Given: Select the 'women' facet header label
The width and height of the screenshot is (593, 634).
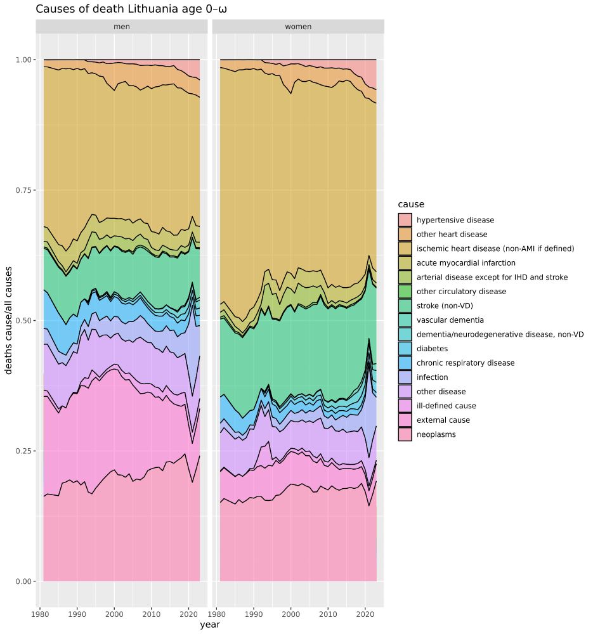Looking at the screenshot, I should pos(298,27).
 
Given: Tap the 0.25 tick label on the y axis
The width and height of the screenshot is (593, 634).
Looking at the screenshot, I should pos(23,451).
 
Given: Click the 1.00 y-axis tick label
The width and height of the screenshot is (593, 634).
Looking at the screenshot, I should pos(23,60).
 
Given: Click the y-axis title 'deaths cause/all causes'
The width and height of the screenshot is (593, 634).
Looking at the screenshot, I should pos(10,320).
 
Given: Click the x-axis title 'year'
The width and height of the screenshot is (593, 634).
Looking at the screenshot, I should pos(210,625).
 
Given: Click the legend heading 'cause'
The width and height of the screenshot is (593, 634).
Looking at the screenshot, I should pos(411,204).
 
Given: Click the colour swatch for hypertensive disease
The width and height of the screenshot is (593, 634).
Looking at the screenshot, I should pos(405,220).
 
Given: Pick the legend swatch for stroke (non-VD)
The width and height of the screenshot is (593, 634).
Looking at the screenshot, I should pos(405,306).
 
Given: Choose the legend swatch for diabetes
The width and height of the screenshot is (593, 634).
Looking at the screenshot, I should pos(405,349).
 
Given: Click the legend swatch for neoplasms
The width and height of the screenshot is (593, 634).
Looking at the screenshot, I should pos(405,434).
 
